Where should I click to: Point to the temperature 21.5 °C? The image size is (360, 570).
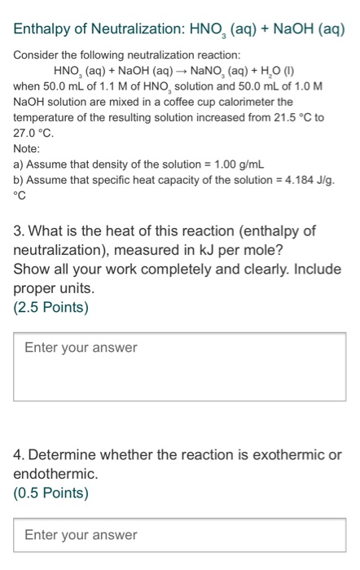tap(294, 117)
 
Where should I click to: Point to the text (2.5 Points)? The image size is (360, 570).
tap(51, 308)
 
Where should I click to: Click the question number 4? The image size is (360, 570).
tap(19, 454)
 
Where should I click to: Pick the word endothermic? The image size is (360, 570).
tap(55, 473)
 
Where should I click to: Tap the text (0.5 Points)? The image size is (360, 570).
tap(51, 493)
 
